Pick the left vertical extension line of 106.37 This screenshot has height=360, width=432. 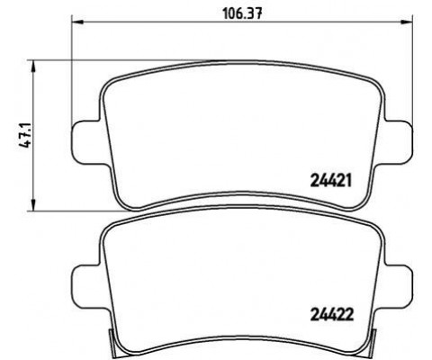(x=71, y=72)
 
